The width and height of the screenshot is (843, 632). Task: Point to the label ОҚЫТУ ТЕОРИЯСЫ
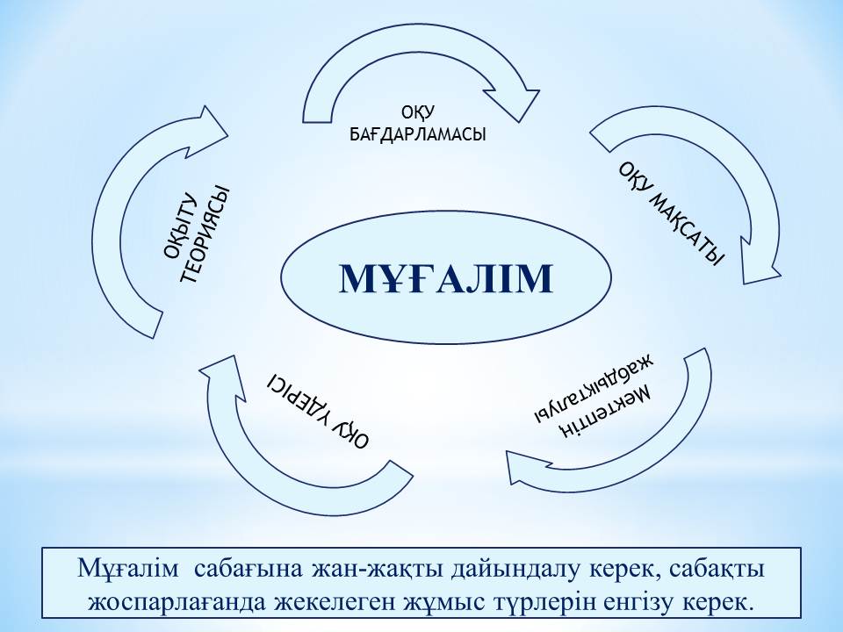coord(197,234)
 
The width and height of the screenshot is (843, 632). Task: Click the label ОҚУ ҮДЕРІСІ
coord(320,411)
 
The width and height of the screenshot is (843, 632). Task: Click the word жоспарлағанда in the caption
coord(177,603)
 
